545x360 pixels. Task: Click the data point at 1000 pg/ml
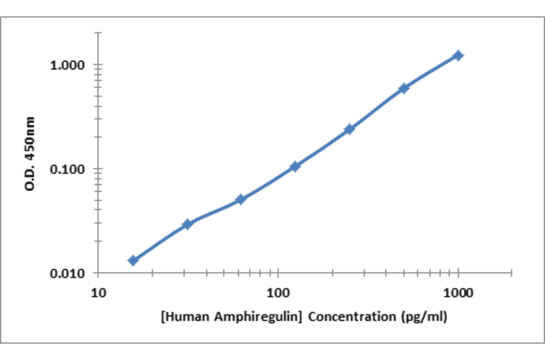[458, 56]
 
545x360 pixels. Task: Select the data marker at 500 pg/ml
[404, 88]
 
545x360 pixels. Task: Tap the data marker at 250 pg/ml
[349, 129]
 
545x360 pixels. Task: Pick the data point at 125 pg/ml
[295, 166]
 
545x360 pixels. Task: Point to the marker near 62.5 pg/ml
[240, 199]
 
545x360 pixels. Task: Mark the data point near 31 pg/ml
[188, 224]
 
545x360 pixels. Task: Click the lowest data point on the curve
[133, 260]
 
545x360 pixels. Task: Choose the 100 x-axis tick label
[278, 294]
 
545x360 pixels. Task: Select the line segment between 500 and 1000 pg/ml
[431, 72]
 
